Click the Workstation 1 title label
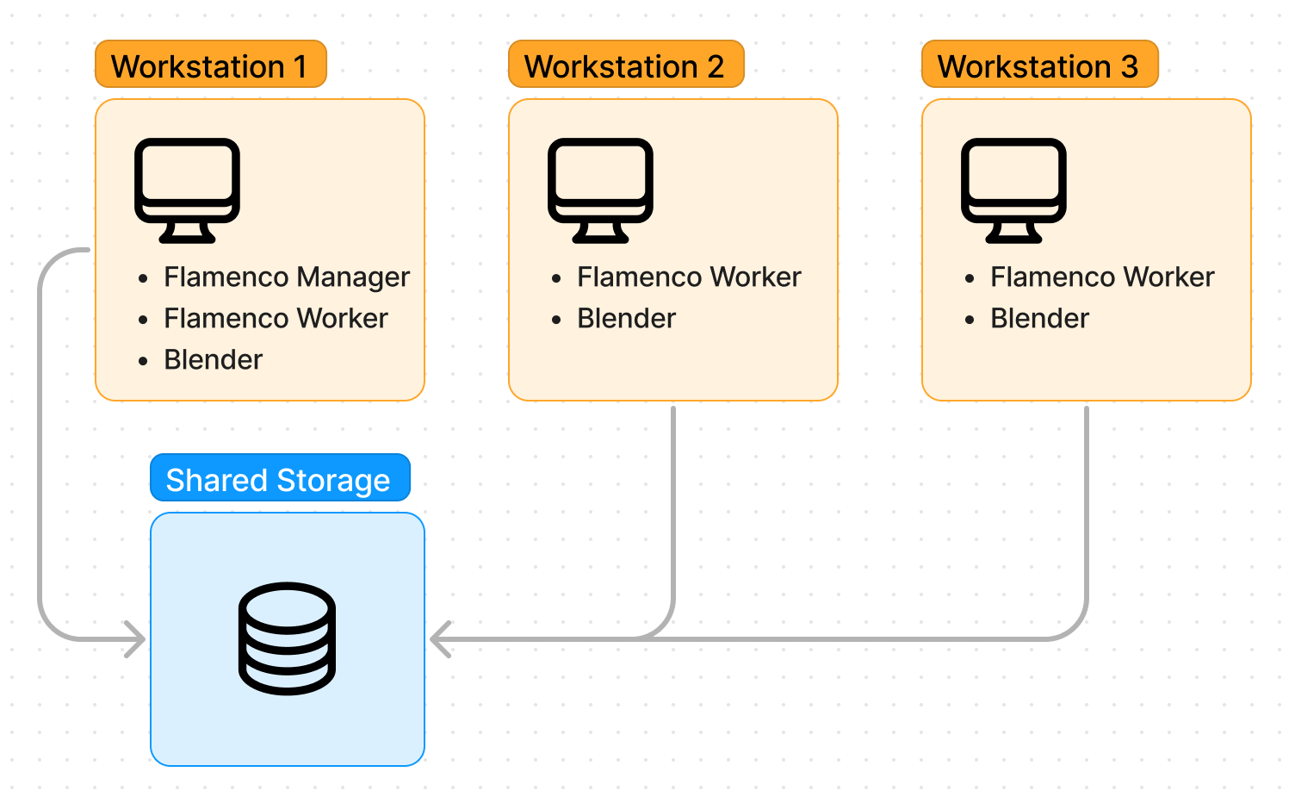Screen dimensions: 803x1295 tap(210, 65)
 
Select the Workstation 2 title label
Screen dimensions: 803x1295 tap(625, 65)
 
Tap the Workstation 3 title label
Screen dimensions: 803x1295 tap(1038, 65)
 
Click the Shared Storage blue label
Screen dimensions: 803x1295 tap(279, 479)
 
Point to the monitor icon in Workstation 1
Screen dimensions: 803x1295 tap(187, 190)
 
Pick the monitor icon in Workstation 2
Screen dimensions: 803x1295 tap(600, 190)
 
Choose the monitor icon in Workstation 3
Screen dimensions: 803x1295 tap(1013, 190)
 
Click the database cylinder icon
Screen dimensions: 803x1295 tap(287, 638)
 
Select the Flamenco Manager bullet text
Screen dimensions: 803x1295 tap(287, 277)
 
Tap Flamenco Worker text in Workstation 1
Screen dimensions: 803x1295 tap(276, 319)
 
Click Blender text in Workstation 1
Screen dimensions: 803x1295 tap(213, 360)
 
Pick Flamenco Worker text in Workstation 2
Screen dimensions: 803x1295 tap(689, 277)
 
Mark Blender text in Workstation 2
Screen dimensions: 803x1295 tap(626, 319)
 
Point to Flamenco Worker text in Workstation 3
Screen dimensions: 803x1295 tap(1102, 277)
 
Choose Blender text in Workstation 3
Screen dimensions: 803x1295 tap(1039, 319)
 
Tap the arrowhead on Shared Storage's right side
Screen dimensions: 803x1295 tap(439, 639)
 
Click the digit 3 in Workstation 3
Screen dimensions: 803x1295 tap(1130, 66)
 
